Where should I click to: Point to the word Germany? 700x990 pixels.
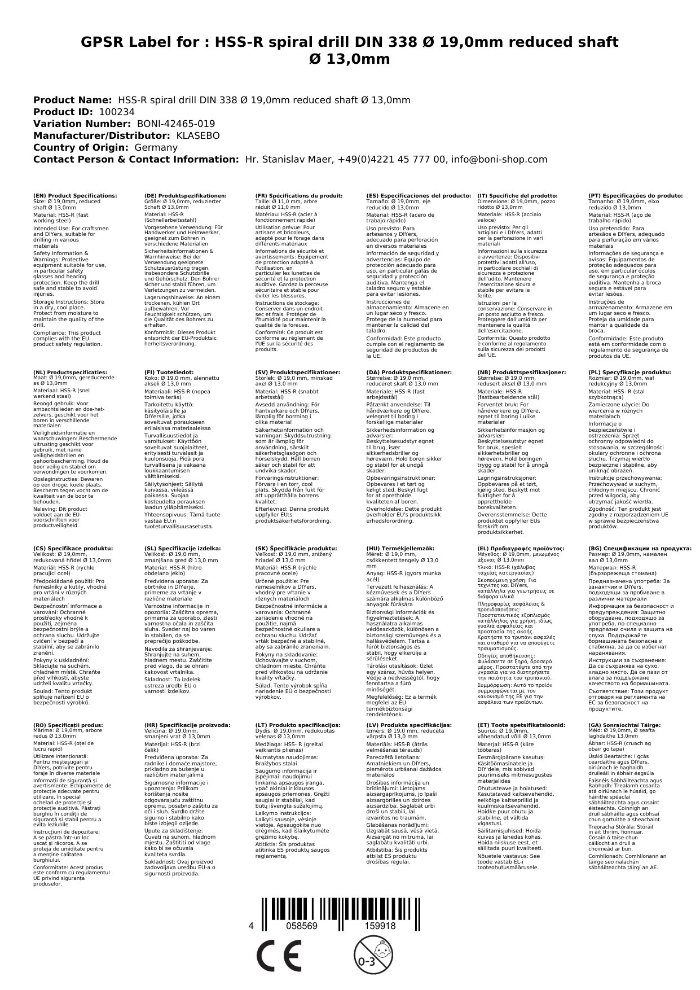tap(156, 147)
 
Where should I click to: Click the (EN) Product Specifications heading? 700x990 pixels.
tap(75, 195)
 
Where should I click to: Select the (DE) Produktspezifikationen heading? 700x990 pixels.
tap(186, 195)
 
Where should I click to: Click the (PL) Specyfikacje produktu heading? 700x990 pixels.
tap(629, 373)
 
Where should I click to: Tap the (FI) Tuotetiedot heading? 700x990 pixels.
tap(169, 373)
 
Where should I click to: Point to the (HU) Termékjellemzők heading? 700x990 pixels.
tap(400, 548)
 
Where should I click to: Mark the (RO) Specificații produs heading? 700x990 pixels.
tap(68, 725)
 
